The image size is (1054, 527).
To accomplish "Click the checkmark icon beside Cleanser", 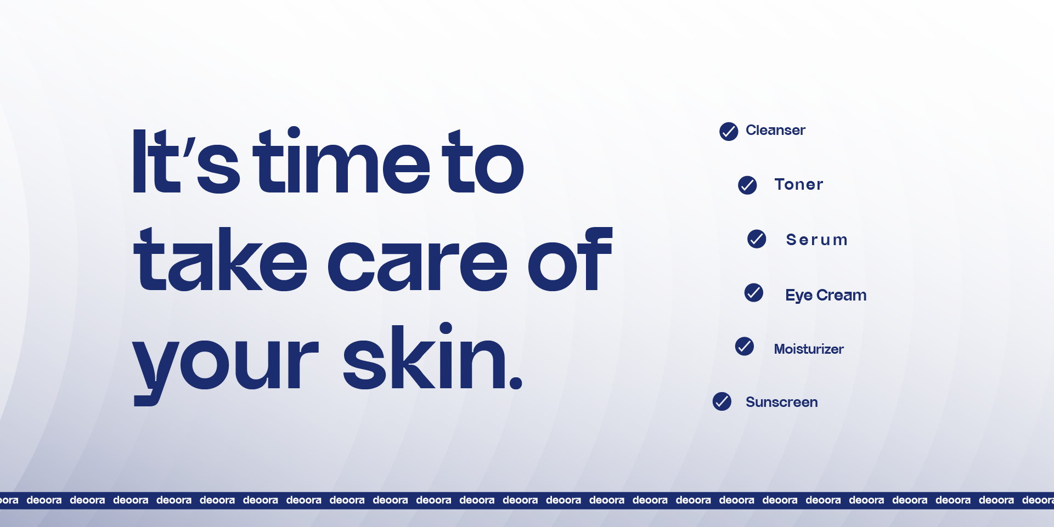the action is [729, 132].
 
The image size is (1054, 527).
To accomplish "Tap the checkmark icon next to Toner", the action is [747, 185].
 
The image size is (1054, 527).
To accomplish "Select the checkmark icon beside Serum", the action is [757, 239].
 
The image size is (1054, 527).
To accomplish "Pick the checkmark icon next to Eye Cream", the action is [754, 293].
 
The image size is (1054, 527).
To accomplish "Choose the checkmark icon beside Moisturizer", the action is [745, 347].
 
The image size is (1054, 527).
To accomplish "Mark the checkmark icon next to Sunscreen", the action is [722, 401].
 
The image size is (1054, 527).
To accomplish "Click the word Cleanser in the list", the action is [775, 131].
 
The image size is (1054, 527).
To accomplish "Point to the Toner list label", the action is [799, 184].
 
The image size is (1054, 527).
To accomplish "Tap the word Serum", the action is [817, 240].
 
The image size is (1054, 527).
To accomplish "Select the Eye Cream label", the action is [826, 296].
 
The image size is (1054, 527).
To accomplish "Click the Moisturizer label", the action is [809, 349].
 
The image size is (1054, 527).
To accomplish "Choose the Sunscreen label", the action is [781, 402].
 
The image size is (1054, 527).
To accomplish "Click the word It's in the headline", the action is [186, 161].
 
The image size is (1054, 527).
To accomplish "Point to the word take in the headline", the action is [220, 259].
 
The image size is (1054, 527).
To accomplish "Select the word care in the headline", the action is [418, 265].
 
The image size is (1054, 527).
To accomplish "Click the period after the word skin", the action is [516, 382].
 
